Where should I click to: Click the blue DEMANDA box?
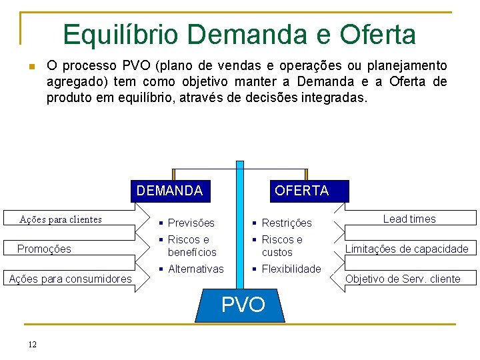pos(170,191)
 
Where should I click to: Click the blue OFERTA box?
pos(301,191)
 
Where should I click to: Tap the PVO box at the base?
pos(243,305)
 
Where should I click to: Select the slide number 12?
pos(32,344)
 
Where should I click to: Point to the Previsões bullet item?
pos(191,223)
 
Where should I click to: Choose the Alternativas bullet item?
pos(195,269)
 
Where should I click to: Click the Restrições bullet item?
pos(286,223)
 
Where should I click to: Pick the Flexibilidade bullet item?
pos(291,269)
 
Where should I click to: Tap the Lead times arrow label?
pos(409,219)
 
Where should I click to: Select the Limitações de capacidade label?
pos(406,249)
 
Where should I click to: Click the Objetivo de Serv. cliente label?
pos(403,279)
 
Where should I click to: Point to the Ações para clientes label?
pos(61,219)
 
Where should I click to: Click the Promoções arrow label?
pos(44,249)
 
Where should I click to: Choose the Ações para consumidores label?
pos(70,279)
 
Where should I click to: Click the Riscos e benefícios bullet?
pos(191,245)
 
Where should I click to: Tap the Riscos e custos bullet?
pos(281,245)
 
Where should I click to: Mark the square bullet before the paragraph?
pos(31,67)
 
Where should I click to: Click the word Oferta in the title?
pos(377,35)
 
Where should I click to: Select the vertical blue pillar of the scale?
pos(240,220)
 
